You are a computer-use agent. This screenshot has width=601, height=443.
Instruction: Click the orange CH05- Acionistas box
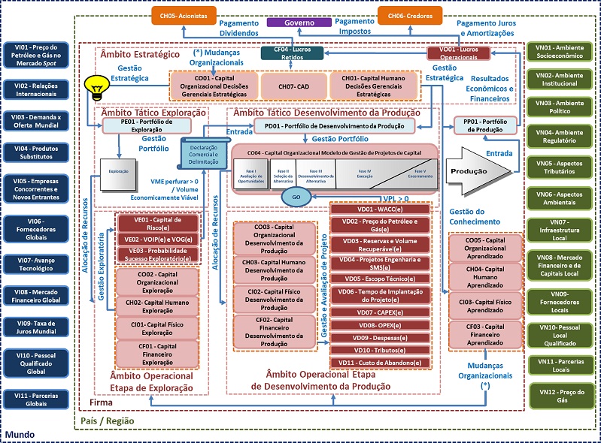184,14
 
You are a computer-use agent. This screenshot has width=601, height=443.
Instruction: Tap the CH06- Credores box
409,14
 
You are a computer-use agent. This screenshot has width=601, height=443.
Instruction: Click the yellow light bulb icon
95,86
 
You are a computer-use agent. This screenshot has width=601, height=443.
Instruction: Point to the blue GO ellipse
295,197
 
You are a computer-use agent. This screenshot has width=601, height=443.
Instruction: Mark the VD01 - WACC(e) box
381,209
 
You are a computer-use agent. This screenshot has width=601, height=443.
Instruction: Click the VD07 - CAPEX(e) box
381,312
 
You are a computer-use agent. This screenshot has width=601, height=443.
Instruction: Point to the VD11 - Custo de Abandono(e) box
381,362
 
